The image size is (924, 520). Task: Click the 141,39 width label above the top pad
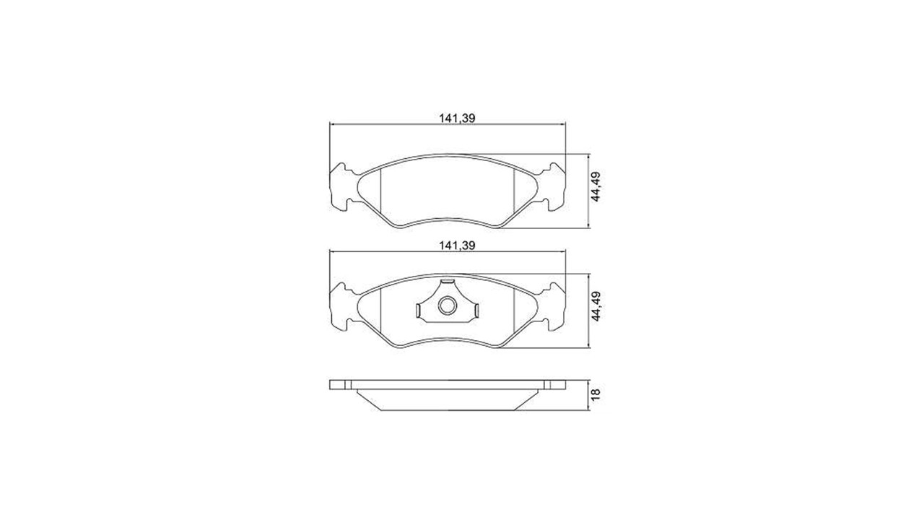click(457, 118)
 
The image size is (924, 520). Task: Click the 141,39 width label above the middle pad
click(457, 246)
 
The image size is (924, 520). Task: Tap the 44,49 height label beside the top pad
click(596, 186)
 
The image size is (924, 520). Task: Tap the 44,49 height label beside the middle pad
click(596, 306)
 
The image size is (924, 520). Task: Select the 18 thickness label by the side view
click(596, 394)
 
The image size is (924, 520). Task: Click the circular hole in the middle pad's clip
click(447, 305)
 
